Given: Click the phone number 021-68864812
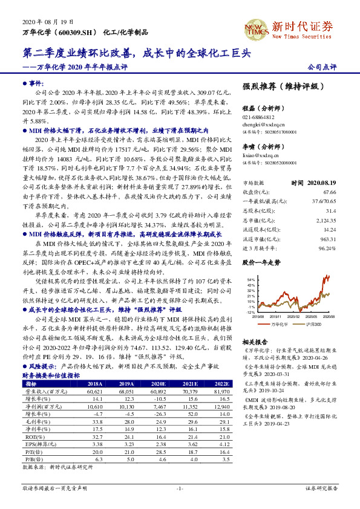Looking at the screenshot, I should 258,117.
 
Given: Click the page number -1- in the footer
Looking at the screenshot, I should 180,488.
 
